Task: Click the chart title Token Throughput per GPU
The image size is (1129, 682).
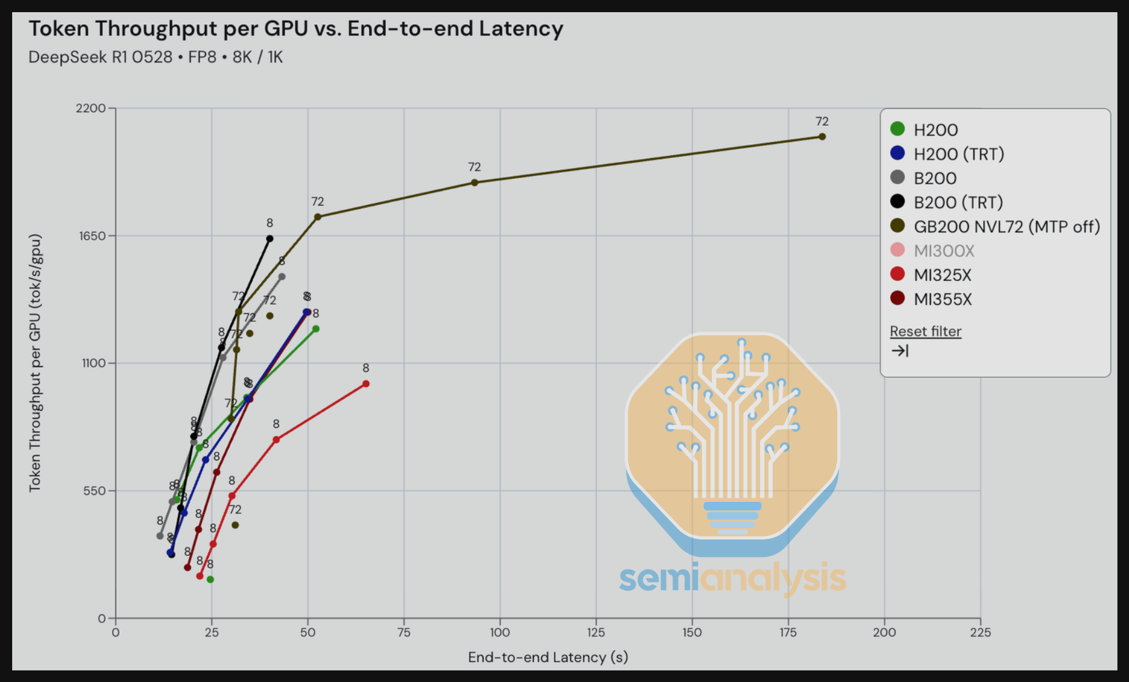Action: (295, 29)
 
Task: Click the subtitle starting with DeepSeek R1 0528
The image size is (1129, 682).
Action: (156, 57)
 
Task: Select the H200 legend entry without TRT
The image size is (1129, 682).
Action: (935, 130)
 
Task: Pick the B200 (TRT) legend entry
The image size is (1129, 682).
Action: (958, 202)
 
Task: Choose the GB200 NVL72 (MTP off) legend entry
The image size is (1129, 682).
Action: (1006, 226)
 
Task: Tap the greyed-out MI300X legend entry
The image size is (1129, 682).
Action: (944, 251)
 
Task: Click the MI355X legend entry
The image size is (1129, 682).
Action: (942, 299)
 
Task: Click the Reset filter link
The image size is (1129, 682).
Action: (925, 332)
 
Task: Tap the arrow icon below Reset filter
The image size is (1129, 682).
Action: (900, 351)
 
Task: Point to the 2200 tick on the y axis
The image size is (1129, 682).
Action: (91, 108)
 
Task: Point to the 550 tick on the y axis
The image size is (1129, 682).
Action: (94, 490)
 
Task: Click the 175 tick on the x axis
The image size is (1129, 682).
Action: (788, 633)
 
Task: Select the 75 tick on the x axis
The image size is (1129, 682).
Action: (404, 633)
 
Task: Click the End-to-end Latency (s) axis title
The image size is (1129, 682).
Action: (548, 657)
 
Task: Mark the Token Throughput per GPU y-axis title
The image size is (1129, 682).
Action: (35, 363)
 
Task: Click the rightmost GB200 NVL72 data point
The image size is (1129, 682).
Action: (822, 137)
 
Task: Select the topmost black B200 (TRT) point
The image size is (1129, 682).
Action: (270, 238)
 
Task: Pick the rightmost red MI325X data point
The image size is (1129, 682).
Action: (366, 384)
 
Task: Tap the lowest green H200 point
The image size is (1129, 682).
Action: (210, 580)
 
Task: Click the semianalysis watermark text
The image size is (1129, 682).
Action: (733, 579)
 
